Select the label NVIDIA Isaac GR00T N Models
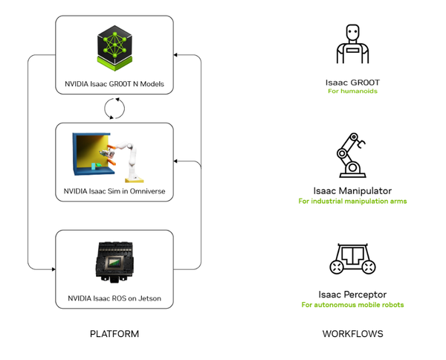point(114,83)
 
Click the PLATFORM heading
point(114,334)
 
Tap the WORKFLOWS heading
point(352,334)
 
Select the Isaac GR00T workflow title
point(352,81)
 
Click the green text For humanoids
point(352,91)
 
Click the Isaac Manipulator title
point(352,190)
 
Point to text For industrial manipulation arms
point(352,201)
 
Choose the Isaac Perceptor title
point(352,294)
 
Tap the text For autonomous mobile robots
point(352,305)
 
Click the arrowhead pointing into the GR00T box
point(177,54)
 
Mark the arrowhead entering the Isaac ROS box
point(52,269)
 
